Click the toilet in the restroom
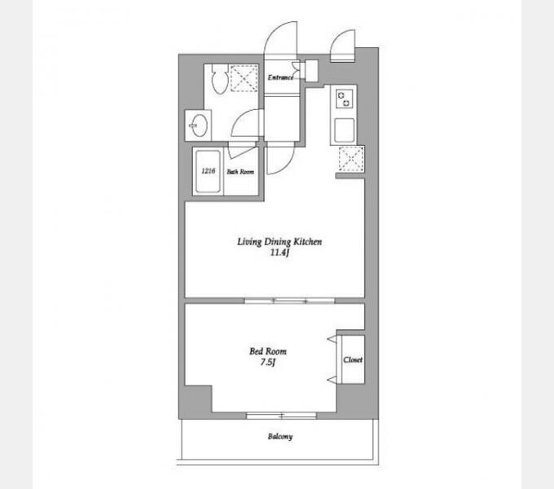(219, 79)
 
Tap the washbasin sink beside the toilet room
(197, 125)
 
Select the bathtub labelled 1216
(208, 172)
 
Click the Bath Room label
(240, 172)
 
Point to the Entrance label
(280, 77)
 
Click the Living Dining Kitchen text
(279, 242)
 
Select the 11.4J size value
(279, 253)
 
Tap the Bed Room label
(268, 351)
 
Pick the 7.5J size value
(267, 362)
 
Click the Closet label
(353, 359)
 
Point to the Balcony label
(280, 437)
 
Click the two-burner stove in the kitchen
(344, 99)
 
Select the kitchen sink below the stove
(344, 130)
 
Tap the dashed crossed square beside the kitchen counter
(351, 159)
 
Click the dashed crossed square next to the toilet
(244, 78)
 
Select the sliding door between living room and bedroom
(290, 301)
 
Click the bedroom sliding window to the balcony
(281, 416)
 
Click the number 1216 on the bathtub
(208, 171)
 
